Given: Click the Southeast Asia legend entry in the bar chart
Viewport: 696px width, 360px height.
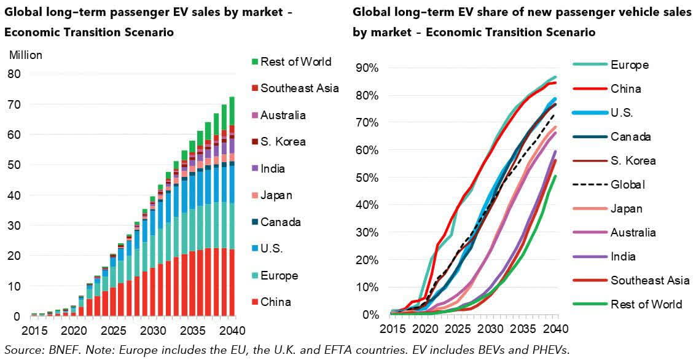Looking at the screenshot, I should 299,88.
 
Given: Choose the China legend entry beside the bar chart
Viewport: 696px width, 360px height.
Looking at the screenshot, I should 275,302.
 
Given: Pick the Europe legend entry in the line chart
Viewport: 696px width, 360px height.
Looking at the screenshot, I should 629,65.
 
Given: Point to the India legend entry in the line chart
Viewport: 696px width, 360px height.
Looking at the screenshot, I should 623,256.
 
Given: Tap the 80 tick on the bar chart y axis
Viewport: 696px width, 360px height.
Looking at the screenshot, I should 13,74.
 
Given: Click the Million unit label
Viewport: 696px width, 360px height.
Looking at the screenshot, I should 26,55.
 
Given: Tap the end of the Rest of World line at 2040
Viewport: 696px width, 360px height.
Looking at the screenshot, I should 556,176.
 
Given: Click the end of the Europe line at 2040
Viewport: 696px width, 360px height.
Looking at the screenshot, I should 556,77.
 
